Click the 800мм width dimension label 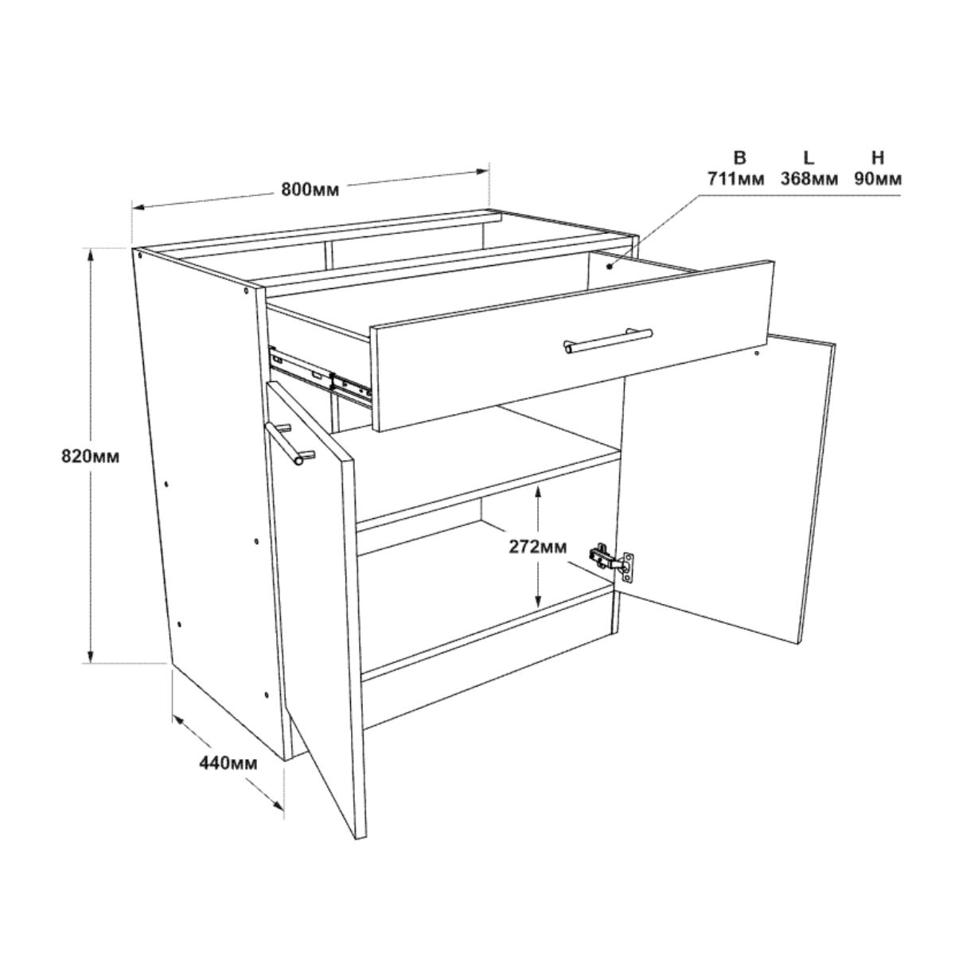pyautogui.click(x=310, y=190)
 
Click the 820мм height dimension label pyautogui.click(x=91, y=456)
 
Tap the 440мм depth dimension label pyautogui.click(x=228, y=763)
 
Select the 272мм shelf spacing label pyautogui.click(x=538, y=547)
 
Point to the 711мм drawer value pyautogui.click(x=736, y=178)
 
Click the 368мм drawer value pyautogui.click(x=809, y=178)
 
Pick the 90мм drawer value pyautogui.click(x=878, y=178)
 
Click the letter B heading pyautogui.click(x=739, y=158)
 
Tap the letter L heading pyautogui.click(x=809, y=158)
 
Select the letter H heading pyautogui.click(x=878, y=158)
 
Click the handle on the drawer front pyautogui.click(x=608, y=341)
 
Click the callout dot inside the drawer pyautogui.click(x=610, y=267)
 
